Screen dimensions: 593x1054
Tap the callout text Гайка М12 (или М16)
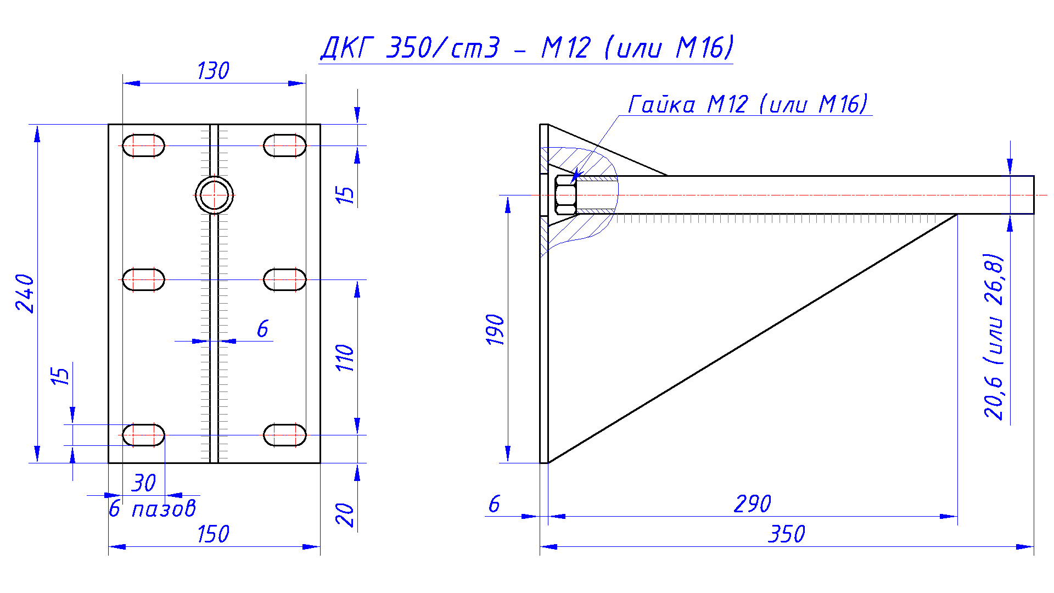click(748, 104)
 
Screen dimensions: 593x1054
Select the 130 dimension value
click(213, 71)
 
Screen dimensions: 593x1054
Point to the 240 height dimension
click(25, 293)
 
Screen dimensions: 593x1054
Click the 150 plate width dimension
click(213, 534)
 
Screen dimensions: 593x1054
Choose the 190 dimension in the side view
click(496, 329)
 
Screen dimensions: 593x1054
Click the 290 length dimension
click(753, 504)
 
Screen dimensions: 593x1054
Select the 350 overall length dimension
click(787, 534)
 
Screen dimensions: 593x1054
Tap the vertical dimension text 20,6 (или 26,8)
click(994, 337)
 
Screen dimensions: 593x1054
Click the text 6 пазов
click(153, 509)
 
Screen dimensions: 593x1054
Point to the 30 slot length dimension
click(144, 483)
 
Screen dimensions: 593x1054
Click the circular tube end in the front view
click(214, 195)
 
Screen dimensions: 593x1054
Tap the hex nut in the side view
click(565, 195)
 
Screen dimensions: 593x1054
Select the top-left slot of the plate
click(143, 146)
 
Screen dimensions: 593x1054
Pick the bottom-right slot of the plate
click(284, 435)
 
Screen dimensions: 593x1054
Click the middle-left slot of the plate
click(143, 279)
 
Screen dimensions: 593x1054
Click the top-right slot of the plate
click(284, 146)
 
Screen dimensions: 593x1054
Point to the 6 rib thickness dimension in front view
click(262, 329)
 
